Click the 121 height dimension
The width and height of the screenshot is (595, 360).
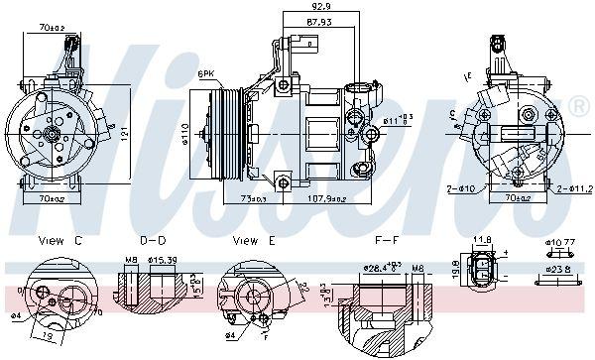[x=124, y=130]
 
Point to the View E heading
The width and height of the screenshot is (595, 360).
[x=252, y=241]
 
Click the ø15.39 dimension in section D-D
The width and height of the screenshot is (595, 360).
[x=163, y=261]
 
